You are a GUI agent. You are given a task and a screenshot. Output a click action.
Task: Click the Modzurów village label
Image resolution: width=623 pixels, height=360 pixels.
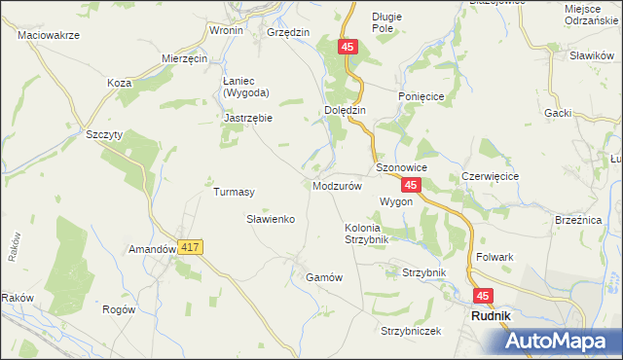point(339,185)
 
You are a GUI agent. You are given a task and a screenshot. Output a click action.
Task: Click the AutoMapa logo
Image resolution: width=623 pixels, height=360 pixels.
point(564,341)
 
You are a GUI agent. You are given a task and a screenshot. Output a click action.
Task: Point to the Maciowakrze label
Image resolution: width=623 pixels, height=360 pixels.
point(49,34)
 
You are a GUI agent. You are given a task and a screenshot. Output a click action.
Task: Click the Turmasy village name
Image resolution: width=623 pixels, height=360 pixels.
point(234,192)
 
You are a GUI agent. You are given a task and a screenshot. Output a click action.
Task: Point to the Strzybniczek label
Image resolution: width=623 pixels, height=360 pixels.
point(411,331)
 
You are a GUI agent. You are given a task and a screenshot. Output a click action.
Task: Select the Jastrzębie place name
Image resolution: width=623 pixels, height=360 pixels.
point(248,118)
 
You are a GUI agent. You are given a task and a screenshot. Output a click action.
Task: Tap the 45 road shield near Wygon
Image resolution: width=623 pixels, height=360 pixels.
point(412,185)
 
